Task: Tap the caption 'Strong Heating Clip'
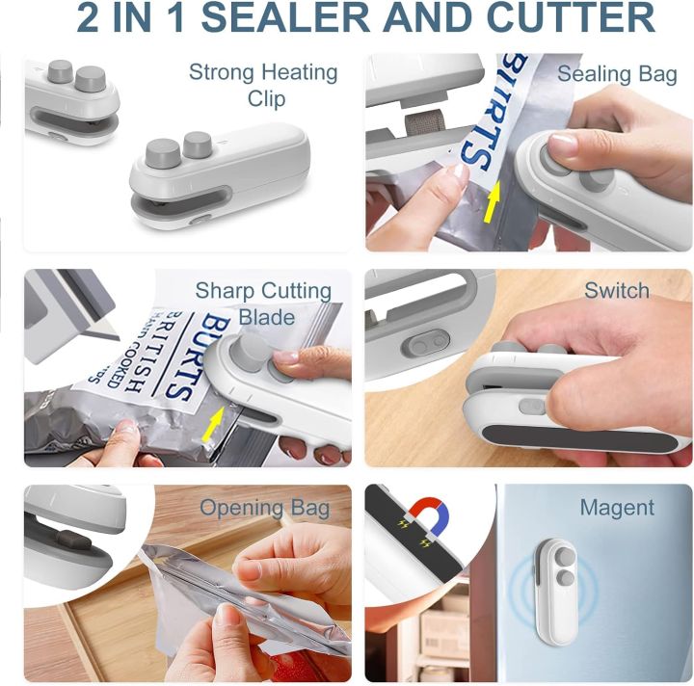pyautogui.click(x=263, y=85)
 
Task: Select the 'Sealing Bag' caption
pyautogui.click(x=617, y=74)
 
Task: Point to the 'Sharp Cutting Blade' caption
pyautogui.click(x=263, y=303)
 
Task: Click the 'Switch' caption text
pyautogui.click(x=617, y=291)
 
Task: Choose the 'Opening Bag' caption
pyautogui.click(x=264, y=508)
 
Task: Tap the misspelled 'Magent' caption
pyautogui.click(x=617, y=508)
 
